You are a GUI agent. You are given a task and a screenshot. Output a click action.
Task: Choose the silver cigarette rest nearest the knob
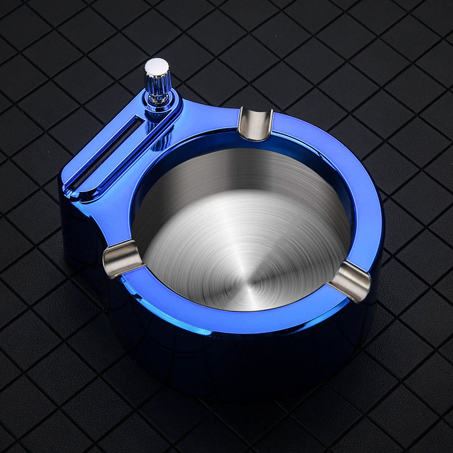click(255, 123)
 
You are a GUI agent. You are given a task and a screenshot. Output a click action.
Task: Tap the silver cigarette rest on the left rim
click(122, 258)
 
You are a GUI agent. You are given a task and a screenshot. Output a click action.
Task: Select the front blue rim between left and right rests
click(226, 317)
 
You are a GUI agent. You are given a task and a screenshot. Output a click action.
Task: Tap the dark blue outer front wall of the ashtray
click(238, 368)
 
